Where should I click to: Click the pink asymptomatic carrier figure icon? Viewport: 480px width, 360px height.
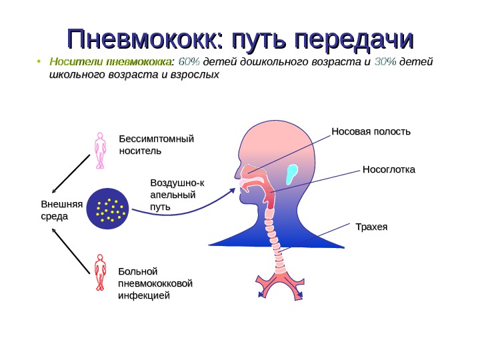pyautogui.click(x=100, y=150)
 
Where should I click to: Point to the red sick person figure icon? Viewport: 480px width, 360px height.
pyautogui.click(x=100, y=272)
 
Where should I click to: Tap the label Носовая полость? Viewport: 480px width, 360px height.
pyautogui.click(x=371, y=131)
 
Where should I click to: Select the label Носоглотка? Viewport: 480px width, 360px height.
pyautogui.click(x=388, y=169)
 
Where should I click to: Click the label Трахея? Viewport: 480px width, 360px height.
pyautogui.click(x=371, y=227)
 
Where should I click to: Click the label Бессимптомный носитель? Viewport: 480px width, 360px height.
pyautogui.click(x=155, y=144)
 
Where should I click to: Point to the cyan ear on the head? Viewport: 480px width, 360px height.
pyautogui.click(x=291, y=174)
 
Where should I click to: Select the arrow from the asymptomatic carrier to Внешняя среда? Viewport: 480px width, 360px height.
pyautogui.click(x=71, y=173)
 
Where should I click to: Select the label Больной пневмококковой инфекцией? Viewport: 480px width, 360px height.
pyautogui.click(x=155, y=283)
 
